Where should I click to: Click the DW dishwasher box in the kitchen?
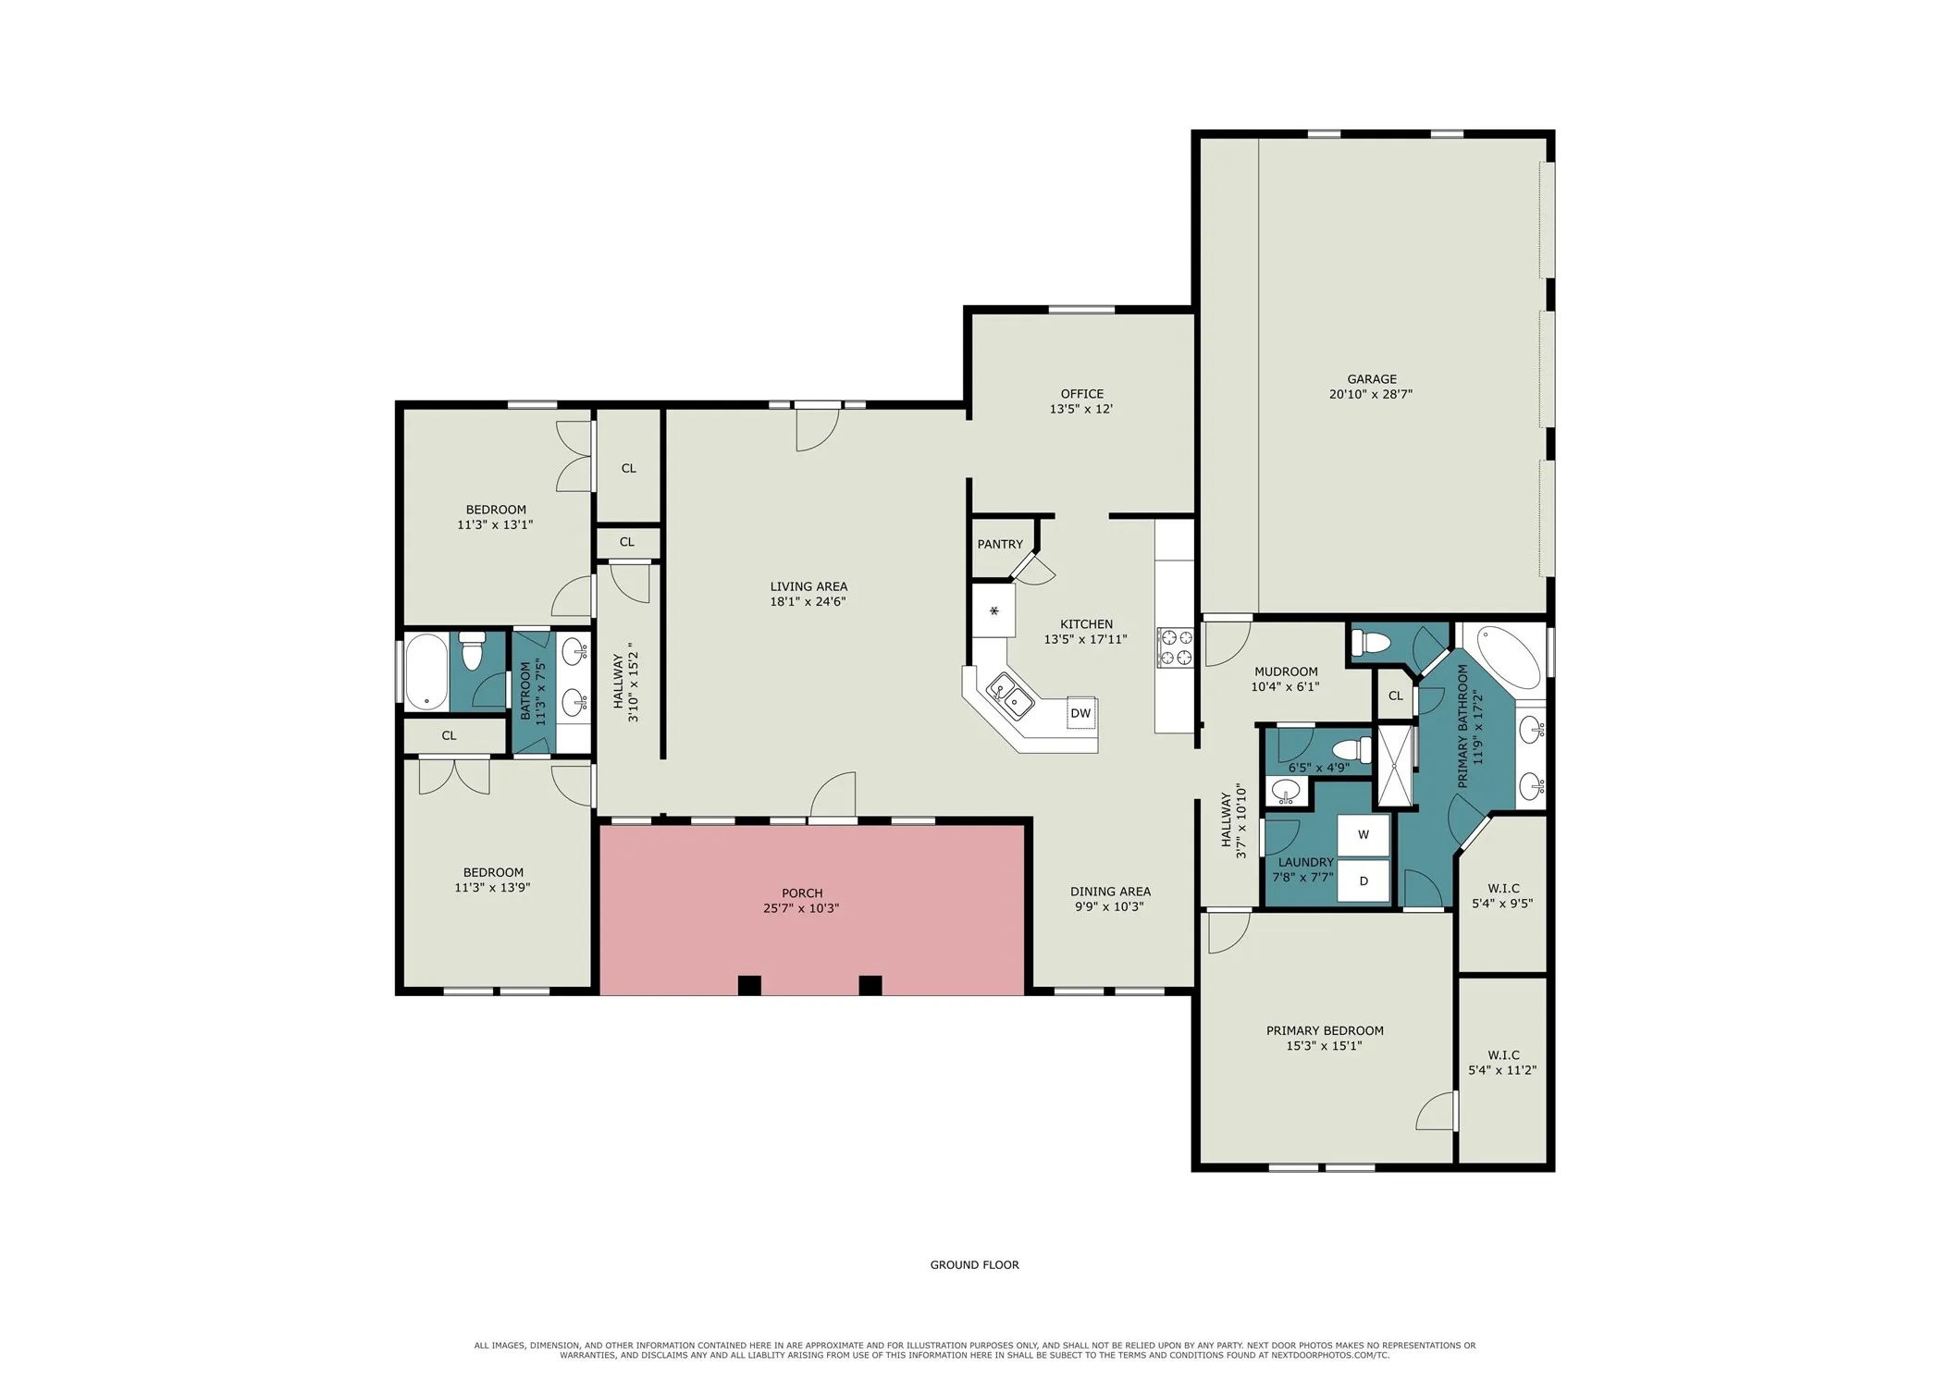click(x=1081, y=713)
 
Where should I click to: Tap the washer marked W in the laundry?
click(x=1364, y=834)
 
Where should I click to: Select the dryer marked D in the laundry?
click(x=1364, y=880)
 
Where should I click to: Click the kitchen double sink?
click(x=1010, y=696)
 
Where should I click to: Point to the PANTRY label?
click(x=1000, y=544)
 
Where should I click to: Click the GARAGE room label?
click(x=1372, y=378)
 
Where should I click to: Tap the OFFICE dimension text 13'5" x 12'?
click(x=1080, y=409)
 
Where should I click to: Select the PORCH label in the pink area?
click(x=802, y=893)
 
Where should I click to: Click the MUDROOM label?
click(x=1286, y=671)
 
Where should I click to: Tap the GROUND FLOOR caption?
click(x=974, y=1264)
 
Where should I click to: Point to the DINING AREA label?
click(x=1110, y=892)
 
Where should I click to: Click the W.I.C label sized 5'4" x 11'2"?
click(x=1503, y=1054)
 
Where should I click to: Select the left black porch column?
click(x=749, y=985)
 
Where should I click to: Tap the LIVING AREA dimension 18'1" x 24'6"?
click(x=808, y=601)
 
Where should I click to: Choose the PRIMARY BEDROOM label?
click(x=1325, y=1030)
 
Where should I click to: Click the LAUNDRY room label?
click(x=1305, y=862)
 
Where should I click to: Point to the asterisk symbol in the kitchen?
click(x=994, y=610)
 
